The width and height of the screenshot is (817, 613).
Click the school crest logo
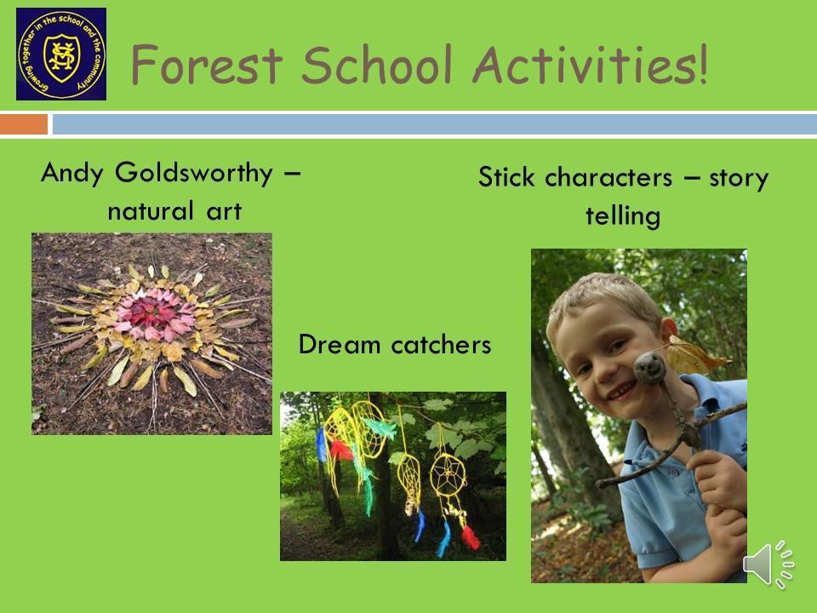(x=61, y=54)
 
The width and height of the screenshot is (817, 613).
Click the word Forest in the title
(x=206, y=65)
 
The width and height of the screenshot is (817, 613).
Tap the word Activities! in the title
(x=591, y=64)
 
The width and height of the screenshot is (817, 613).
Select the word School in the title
(x=377, y=64)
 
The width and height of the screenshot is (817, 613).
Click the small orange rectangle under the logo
(x=24, y=124)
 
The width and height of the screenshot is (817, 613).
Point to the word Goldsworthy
(x=194, y=174)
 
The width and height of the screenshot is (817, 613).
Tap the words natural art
(x=174, y=211)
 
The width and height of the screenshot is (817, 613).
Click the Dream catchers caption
(x=394, y=345)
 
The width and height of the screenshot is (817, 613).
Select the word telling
(x=623, y=215)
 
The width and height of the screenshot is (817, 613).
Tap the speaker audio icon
(x=768, y=564)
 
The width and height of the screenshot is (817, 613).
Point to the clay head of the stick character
(x=649, y=368)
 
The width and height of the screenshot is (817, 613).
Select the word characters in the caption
(x=608, y=177)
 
